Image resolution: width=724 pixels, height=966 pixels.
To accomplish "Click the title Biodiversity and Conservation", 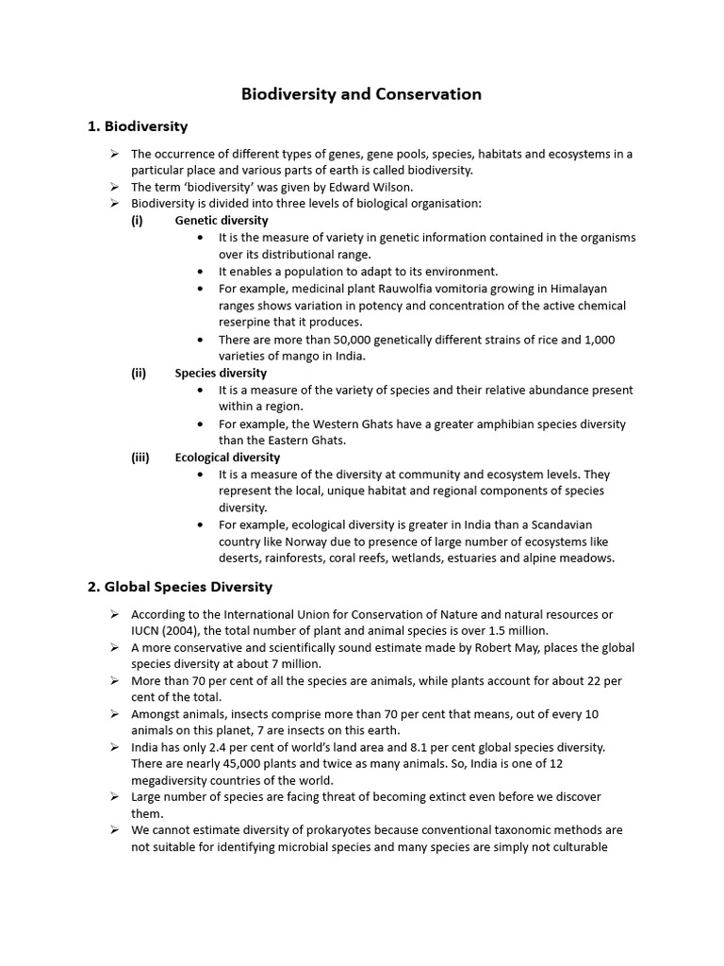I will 362,94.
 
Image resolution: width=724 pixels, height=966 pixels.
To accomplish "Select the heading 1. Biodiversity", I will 138,125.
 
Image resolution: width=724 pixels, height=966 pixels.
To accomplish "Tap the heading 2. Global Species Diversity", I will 180,587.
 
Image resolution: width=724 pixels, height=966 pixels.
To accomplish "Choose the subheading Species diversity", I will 221,373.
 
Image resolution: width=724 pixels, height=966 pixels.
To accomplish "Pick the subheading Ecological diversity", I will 227,458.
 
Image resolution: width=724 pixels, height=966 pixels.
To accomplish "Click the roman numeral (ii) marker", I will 139,373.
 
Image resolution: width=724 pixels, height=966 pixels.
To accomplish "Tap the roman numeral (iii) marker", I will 140,458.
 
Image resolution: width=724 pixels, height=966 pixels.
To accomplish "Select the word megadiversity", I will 176,780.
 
